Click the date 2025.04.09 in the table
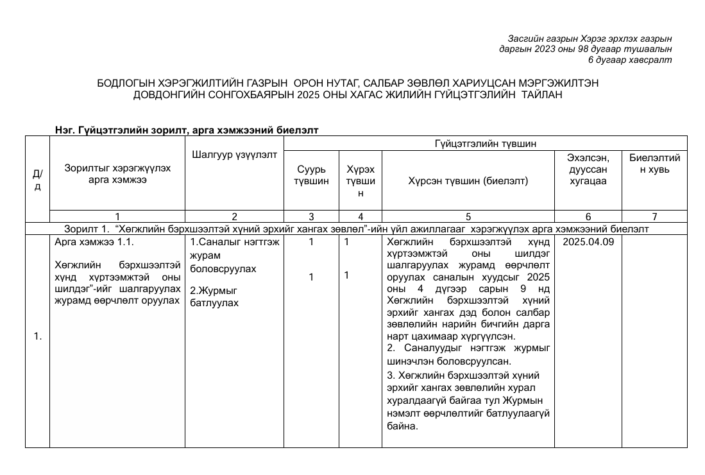click(x=588, y=243)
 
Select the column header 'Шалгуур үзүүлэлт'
click(x=234, y=154)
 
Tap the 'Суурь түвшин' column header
click(x=311, y=175)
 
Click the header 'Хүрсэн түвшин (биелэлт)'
click(x=468, y=181)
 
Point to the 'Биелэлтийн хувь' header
click(x=654, y=164)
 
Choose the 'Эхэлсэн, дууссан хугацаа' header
click(x=588, y=169)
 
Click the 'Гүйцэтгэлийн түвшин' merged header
click(x=485, y=142)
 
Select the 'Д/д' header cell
click(x=37, y=180)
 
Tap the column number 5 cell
click(x=468, y=217)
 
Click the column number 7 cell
click(x=654, y=217)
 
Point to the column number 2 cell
click(x=234, y=217)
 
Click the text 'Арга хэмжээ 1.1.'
click(x=94, y=243)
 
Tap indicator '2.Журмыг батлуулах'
click(x=214, y=296)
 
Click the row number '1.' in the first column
click(x=37, y=336)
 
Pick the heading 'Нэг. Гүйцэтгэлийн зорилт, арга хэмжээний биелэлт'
click(x=187, y=130)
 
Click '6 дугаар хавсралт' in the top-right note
click(x=629, y=60)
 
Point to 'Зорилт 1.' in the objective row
click(x=88, y=229)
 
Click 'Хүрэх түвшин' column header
click(x=360, y=181)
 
